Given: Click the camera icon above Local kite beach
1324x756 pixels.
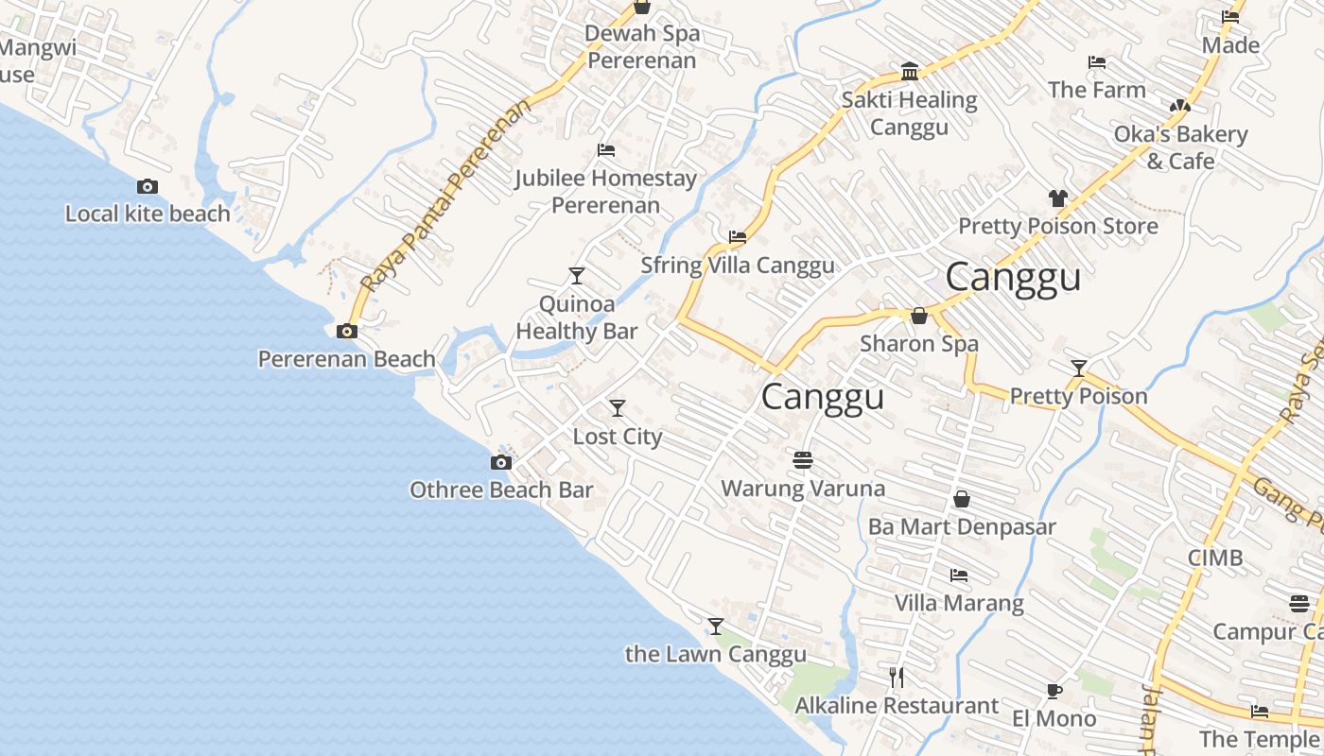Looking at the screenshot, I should coord(148,187).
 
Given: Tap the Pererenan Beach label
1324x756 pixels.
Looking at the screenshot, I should coord(347,359).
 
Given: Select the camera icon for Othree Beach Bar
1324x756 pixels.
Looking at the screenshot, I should coord(501,462).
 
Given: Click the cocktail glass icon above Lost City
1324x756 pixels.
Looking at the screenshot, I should coord(618,407).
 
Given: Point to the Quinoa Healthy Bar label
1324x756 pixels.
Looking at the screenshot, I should coord(577,318).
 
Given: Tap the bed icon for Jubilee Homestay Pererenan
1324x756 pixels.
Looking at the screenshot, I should coord(606,150).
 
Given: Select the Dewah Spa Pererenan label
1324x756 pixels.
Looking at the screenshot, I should coord(642,47).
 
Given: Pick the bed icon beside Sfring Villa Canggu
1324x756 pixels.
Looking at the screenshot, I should coord(738,237).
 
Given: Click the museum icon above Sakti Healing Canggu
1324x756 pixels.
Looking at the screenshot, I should coord(910,72).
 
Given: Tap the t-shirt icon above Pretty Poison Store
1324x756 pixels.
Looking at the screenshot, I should coord(1057,198).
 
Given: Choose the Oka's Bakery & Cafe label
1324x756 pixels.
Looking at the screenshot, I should coord(1180,147).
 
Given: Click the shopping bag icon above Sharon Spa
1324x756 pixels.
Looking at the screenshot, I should coord(918,316).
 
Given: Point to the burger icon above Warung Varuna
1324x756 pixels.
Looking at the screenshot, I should coord(803,460).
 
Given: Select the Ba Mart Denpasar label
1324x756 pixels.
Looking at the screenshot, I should coord(962,526).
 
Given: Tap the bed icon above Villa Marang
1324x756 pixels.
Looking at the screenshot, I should coord(959,575).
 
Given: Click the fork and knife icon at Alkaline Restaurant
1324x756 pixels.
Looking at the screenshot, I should coord(897,677).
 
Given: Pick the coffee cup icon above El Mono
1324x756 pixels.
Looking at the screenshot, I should coord(1054,691).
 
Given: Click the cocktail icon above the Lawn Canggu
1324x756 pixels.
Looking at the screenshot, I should coord(716,626).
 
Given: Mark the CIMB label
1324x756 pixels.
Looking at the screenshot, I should coord(1215,558).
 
